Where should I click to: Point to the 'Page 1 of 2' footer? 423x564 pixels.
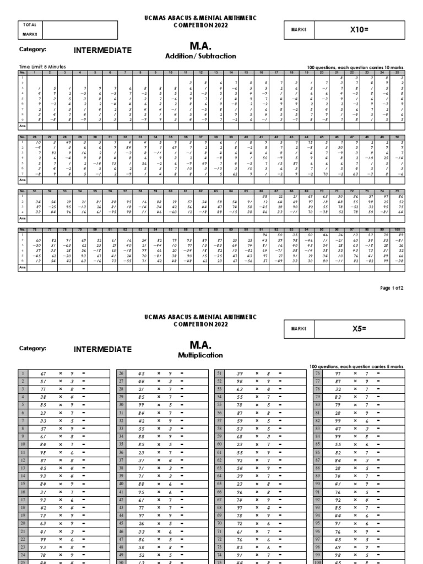(392, 288)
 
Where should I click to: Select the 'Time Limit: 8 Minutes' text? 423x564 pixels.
(37, 67)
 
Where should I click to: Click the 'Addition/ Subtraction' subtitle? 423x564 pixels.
(200, 56)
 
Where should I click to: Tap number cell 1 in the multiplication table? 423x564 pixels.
(22, 373)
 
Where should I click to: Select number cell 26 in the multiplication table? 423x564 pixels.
(120, 373)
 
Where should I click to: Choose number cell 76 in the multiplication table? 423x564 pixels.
(317, 373)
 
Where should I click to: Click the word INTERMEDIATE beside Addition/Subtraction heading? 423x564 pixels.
(103, 51)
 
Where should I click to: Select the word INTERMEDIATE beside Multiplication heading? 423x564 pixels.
(103, 349)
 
